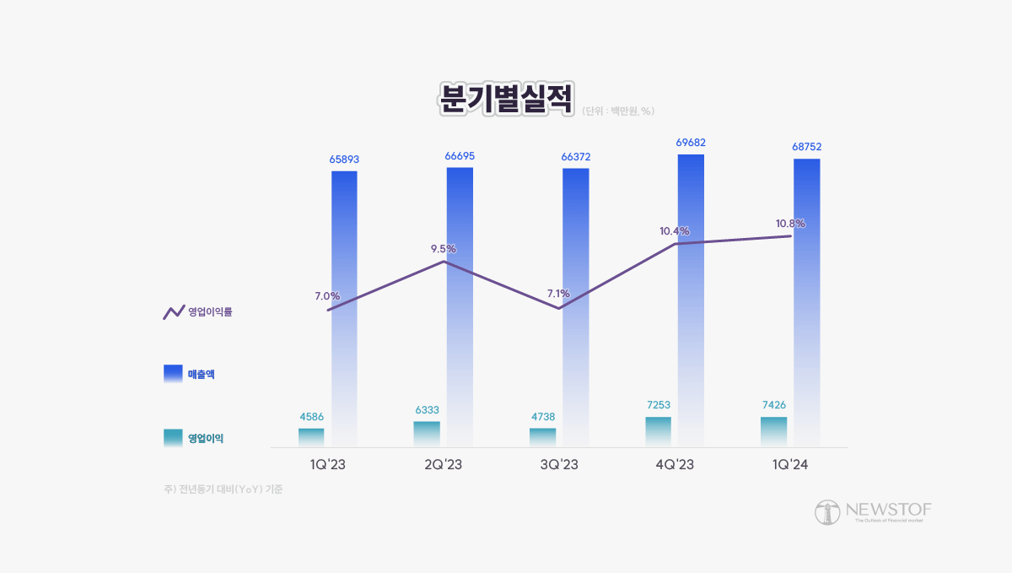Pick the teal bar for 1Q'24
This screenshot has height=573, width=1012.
point(773,431)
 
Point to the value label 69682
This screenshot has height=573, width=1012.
point(691,143)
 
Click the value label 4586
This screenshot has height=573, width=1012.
point(311,416)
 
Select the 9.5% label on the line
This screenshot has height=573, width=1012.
point(443,249)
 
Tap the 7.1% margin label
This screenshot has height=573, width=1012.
point(558,294)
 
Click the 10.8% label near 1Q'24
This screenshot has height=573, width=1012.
point(790,224)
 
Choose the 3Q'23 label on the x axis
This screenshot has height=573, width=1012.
point(558,465)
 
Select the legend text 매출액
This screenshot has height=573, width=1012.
point(201,374)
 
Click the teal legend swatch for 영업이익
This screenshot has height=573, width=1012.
point(173,437)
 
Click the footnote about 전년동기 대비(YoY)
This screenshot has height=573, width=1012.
point(223,489)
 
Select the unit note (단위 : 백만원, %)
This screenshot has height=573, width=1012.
point(618,111)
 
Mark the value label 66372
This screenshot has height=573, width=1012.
point(575,157)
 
